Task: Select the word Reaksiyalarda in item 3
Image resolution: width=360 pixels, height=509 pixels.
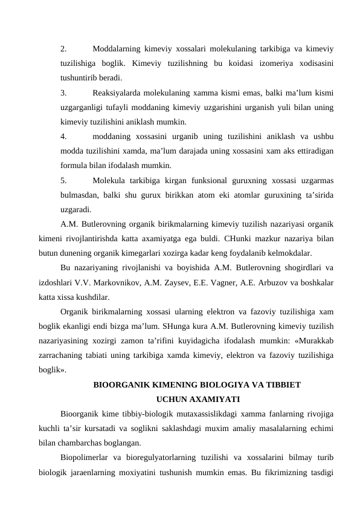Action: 120,93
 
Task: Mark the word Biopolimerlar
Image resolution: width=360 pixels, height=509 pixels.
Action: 86,472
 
